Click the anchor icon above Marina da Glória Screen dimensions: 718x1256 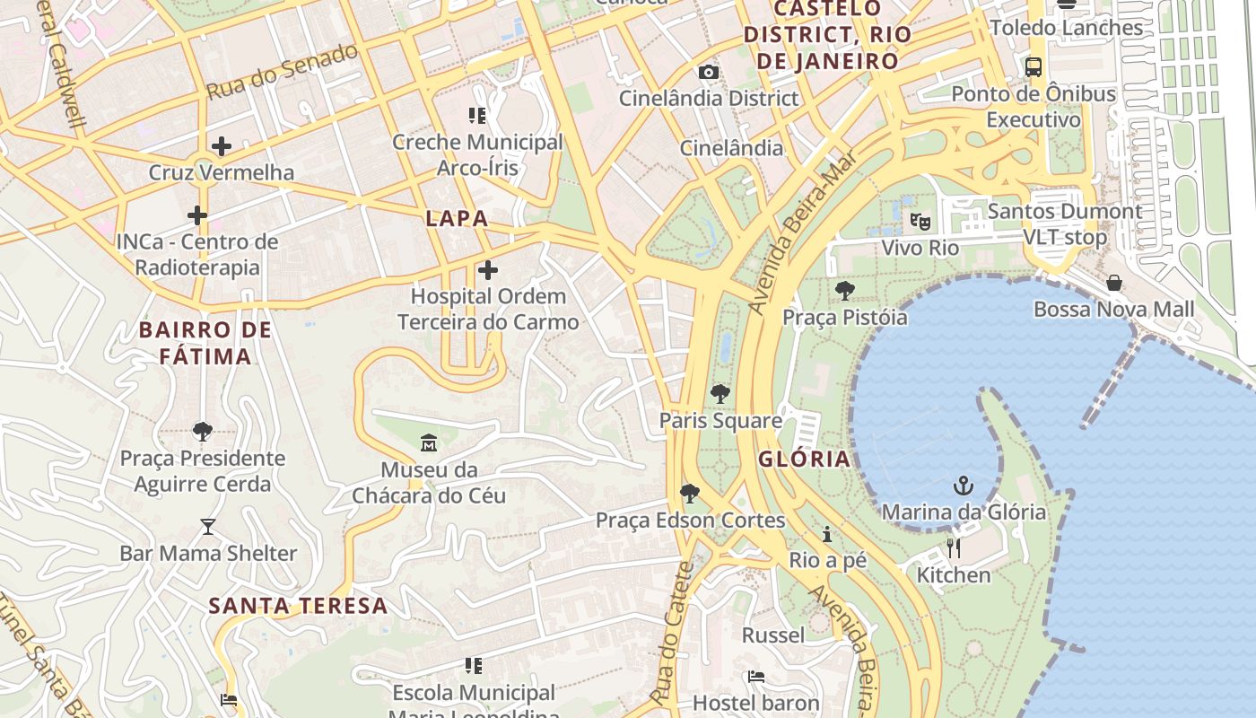tap(963, 486)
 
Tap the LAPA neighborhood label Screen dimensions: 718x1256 tap(457, 218)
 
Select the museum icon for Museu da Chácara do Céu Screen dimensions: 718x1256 tap(428, 442)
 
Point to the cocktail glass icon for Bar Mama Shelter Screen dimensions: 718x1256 tap(208, 526)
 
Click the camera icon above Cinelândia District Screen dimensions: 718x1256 tap(709, 72)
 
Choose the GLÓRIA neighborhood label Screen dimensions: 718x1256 tap(804, 460)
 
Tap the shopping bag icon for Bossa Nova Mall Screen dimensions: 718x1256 tap(1113, 284)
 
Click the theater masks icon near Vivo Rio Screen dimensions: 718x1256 tap(920, 221)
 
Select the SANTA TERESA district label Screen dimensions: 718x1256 tap(298, 606)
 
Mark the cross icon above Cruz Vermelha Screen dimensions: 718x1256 tap(221, 145)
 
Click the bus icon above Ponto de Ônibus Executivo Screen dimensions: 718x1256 tap(1034, 67)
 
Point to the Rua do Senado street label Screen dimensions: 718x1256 tap(283, 72)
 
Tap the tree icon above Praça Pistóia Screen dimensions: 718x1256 tap(844, 290)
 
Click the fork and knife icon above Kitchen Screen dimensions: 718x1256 tap(954, 547)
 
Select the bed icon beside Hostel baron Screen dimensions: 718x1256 tap(756, 677)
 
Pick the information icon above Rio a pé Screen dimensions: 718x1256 tap(827, 535)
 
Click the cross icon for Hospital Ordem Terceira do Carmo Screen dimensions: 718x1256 tap(487, 269)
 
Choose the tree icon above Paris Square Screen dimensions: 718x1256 tap(720, 393)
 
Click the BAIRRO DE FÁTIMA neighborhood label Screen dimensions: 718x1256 tap(205, 343)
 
